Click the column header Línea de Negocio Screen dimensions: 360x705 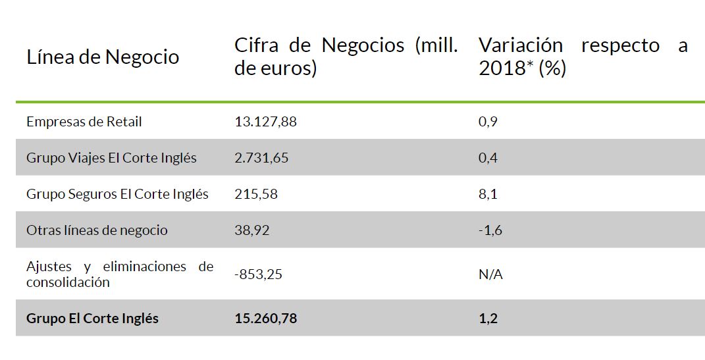[x=103, y=57]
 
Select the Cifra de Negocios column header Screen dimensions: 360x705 [x=346, y=57]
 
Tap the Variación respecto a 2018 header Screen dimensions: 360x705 [x=583, y=57]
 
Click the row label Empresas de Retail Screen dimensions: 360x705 [x=84, y=122]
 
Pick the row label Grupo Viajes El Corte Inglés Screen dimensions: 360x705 [x=111, y=158]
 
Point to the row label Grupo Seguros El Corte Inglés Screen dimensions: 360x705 [x=117, y=194]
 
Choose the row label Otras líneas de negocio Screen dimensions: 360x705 [x=97, y=230]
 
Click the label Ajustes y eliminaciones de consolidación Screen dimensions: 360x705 [x=119, y=274]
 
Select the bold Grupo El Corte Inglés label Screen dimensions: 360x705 [x=92, y=319]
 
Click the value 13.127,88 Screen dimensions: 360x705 [x=265, y=122]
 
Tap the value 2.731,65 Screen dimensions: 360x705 [x=261, y=158]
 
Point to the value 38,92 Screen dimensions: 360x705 [x=251, y=230]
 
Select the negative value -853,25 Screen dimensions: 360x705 [x=258, y=274]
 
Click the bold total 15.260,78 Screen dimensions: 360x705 [x=265, y=319]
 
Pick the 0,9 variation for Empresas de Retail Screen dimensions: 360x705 [x=488, y=122]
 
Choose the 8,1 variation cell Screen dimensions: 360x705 [x=488, y=194]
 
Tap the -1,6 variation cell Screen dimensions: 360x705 [x=490, y=230]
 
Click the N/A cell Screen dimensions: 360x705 [x=490, y=274]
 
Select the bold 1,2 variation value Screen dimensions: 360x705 [x=488, y=319]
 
